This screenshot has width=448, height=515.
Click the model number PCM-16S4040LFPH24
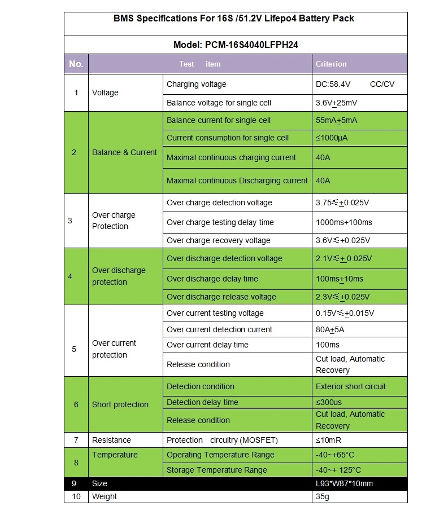tap(235, 45)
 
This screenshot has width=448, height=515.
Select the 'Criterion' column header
tap(331, 64)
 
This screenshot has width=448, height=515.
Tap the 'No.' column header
tap(76, 64)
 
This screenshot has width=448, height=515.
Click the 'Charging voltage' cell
tap(197, 85)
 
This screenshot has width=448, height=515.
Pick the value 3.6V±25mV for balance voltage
tap(336, 103)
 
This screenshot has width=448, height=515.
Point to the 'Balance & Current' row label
tap(124, 152)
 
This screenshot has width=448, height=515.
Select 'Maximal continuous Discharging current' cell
tap(237, 181)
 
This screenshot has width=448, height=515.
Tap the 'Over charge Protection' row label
tap(114, 221)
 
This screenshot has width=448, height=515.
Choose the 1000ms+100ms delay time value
tap(343, 222)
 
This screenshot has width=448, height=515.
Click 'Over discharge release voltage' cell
tap(221, 297)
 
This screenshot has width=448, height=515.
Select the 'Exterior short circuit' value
tap(350, 387)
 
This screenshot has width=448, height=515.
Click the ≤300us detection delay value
tap(329, 402)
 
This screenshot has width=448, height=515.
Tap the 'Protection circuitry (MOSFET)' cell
tap(222, 440)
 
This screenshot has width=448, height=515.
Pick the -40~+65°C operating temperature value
tap(335, 455)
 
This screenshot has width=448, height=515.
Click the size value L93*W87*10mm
tap(344, 483)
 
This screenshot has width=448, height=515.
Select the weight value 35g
tap(323, 497)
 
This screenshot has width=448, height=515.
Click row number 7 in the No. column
tap(76, 440)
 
